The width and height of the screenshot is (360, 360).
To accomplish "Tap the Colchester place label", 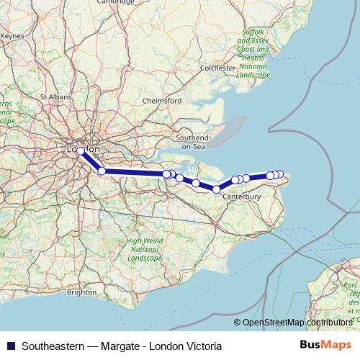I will coord(218,68).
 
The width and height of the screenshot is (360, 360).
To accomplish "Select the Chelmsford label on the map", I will coord(162,101).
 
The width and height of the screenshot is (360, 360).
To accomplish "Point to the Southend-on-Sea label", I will coord(194,141).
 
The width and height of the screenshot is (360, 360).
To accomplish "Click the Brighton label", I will coord(81,292).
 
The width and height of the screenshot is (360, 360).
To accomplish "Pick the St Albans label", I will coord(54,96).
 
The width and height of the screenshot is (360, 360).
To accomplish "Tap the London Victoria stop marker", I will coord(81,151).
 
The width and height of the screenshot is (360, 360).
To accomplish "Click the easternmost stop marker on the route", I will coord(280,174).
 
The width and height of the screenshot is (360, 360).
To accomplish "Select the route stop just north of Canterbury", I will coord(235,180).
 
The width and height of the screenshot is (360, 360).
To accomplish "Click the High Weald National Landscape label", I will coord(145,249).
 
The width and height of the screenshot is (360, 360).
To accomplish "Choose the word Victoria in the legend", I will coord(203,346).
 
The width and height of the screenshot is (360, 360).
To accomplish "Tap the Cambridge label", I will coord(117,2).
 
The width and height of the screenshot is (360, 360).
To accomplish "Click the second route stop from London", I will coord(102,171).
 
